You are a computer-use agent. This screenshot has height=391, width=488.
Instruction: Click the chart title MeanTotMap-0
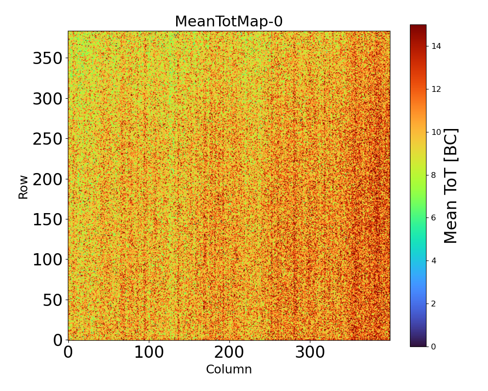coord(228,22)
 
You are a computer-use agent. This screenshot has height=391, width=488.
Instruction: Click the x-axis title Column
coord(229,369)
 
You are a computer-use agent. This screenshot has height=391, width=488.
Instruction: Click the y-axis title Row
coord(23,186)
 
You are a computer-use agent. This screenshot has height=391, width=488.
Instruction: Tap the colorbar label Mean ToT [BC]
coord(451,186)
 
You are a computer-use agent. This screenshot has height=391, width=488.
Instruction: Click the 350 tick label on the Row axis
coord(48,59)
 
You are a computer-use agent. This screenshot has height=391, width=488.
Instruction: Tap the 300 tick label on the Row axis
coord(48,99)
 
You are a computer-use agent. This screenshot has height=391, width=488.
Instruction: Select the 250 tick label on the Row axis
coord(48,139)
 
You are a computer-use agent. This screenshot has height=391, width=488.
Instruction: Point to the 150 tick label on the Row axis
coord(48,219)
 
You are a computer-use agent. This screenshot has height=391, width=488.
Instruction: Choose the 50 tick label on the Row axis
coord(53,300)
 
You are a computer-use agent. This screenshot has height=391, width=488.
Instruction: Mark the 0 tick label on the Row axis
coord(58,340)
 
